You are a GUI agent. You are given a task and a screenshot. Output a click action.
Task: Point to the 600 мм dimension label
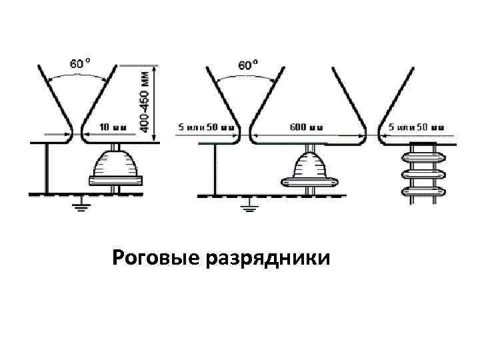(x=307, y=126)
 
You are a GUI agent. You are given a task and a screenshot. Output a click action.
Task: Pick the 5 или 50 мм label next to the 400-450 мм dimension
(x=207, y=126)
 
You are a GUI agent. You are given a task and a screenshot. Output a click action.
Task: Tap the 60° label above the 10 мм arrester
(x=79, y=64)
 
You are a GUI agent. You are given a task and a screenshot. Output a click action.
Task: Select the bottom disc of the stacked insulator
(x=421, y=193)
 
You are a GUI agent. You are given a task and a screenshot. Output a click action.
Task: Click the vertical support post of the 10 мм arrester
(x=46, y=168)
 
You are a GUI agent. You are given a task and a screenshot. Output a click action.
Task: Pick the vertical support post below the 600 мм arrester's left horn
(x=214, y=168)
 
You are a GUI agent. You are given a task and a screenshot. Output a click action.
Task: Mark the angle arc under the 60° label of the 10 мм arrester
(x=79, y=77)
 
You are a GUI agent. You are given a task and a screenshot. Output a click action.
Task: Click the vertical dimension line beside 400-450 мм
(x=156, y=103)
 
